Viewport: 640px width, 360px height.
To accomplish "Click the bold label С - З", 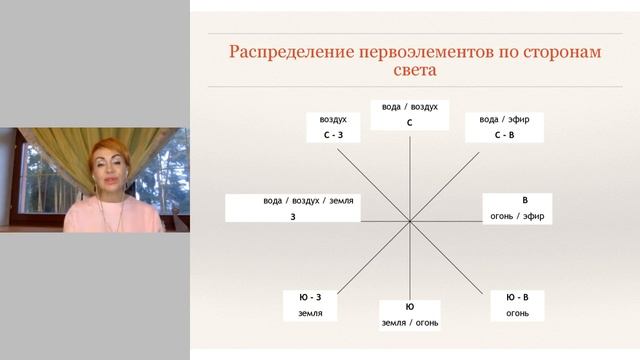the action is pos(333,134).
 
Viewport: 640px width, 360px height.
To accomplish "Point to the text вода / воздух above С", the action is pos(409,106).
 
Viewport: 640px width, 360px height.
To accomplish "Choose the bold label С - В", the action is pos(504,134).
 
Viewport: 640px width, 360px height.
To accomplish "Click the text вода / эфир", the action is pos(504,119).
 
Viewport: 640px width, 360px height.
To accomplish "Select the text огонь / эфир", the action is pos(516,216).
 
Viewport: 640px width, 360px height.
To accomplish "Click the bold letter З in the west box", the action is pos(293,216).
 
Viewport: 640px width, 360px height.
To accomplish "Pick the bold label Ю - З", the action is pos(310,297).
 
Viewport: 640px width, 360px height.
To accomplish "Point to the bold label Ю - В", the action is pos(517,297).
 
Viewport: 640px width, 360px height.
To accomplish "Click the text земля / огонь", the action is pos(409,322).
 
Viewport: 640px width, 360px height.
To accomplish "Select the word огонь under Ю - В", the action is pos(517,314).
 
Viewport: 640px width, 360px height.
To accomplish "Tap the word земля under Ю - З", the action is pos(310,314).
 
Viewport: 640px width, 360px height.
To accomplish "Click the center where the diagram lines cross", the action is pos(409,221).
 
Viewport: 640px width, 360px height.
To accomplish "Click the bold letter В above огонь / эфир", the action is pos(524,200).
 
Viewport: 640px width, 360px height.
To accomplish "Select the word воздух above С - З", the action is pos(333,119).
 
